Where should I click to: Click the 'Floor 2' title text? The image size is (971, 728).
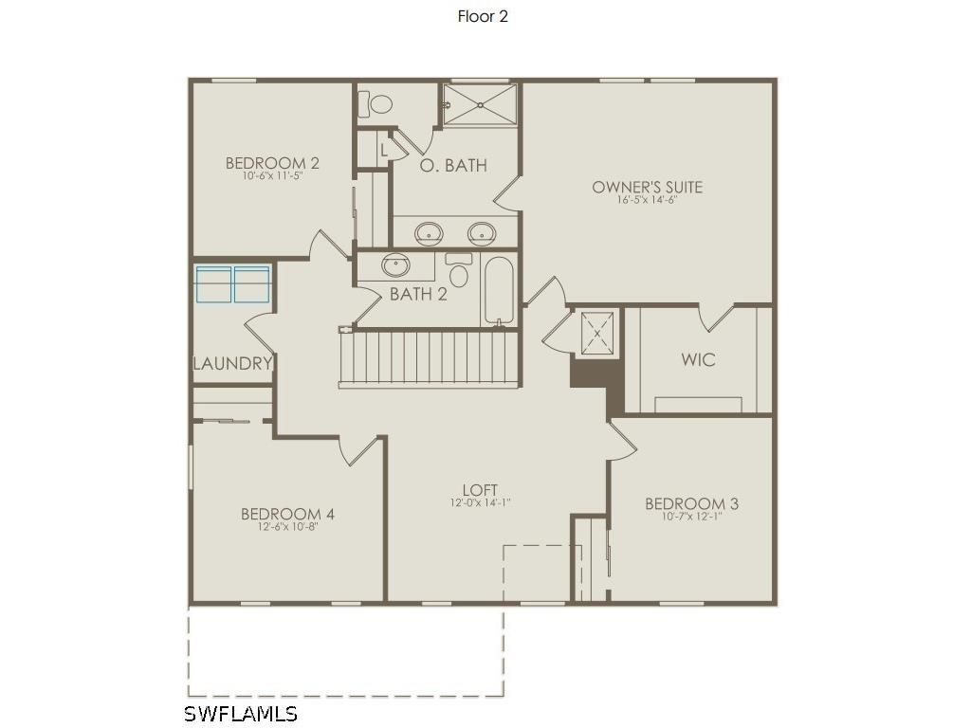[483, 16]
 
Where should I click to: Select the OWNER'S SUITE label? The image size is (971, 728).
[647, 187]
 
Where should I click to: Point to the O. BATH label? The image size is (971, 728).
[453, 165]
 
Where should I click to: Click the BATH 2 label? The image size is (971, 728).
[418, 294]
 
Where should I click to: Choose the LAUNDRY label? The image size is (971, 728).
[233, 363]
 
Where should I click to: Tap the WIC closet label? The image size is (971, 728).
[698, 360]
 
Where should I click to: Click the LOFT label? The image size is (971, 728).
[480, 490]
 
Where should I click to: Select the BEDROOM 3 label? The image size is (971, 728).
[691, 503]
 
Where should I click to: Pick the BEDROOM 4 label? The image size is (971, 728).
[287, 514]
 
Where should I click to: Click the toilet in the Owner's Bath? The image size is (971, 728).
[380, 103]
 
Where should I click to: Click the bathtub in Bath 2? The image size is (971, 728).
[499, 289]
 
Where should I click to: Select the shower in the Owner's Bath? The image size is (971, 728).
[481, 104]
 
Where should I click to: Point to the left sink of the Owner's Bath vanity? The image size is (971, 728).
[430, 231]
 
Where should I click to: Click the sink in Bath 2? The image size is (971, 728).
[395, 265]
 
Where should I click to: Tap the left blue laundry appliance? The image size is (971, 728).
[214, 284]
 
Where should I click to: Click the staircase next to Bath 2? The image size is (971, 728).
[430, 357]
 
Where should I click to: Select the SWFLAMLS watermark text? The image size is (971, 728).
[241, 714]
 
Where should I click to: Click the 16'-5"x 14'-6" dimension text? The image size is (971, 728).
[647, 200]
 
